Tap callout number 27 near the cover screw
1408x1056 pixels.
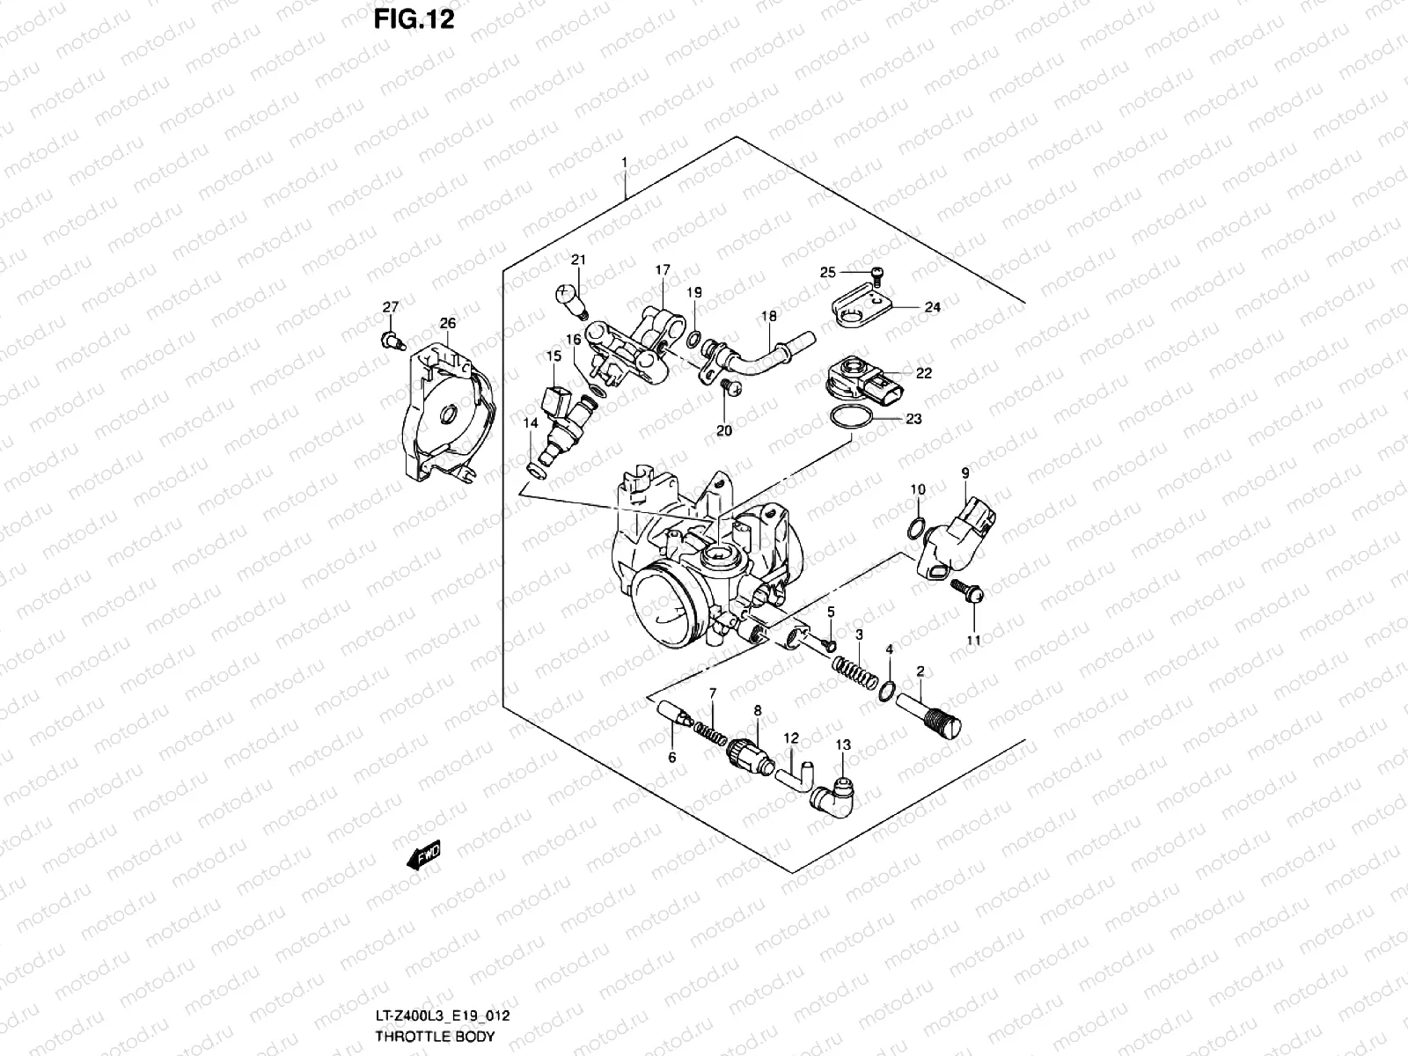390,307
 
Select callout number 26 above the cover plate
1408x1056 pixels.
448,324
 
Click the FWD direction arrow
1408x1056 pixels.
423,855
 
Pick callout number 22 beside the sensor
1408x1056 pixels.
923,373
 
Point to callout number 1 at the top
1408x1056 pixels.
624,163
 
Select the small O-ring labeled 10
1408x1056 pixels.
915,528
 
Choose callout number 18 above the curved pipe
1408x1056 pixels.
768,315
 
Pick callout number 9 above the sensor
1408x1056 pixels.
964,473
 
